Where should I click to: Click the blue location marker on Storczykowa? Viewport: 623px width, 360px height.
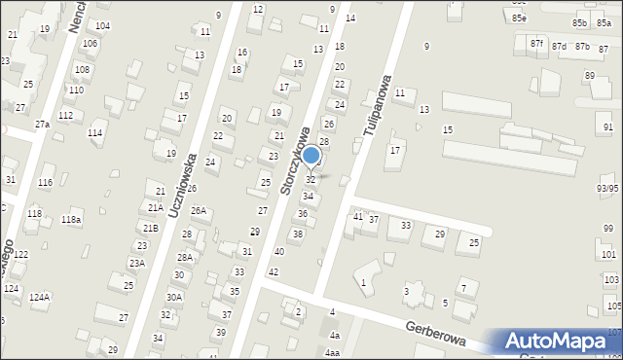[311, 155]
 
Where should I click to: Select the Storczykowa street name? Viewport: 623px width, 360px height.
[295, 161]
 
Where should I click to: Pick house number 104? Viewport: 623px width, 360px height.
[102, 25]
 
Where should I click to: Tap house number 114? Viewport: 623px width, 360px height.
[94, 132]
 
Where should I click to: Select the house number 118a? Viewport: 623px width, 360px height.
[71, 220]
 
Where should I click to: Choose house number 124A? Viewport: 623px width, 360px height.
[39, 297]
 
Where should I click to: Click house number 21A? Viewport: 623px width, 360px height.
[154, 207]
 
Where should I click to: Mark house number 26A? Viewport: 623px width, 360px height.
[199, 210]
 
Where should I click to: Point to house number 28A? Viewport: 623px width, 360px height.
[184, 257]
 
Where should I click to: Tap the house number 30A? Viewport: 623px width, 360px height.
[174, 298]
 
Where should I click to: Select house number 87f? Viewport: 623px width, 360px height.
[536, 44]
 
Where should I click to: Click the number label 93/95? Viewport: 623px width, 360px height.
[607, 188]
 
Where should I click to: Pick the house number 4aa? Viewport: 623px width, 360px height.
[333, 353]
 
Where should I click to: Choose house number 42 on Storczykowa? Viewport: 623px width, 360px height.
[273, 271]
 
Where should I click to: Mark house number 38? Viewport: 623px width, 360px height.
[298, 234]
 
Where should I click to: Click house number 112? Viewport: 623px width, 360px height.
[65, 115]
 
